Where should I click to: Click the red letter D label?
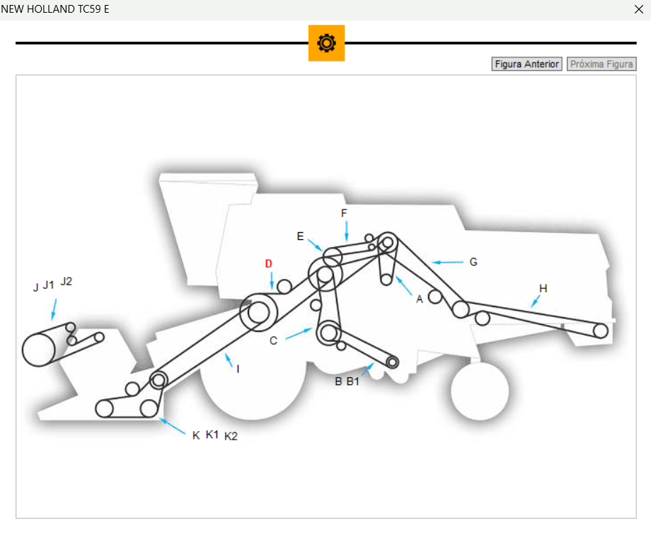pos(269,264)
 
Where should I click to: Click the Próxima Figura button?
pos(601,64)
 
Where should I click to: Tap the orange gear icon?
pos(326,43)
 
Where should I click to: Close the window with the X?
pos(638,9)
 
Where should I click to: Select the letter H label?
pos(543,288)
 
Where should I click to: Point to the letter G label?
pos(473,262)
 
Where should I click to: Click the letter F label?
pos(345,213)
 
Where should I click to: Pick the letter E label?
pos(300,236)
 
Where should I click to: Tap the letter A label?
pos(420,299)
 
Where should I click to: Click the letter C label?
pos(274,340)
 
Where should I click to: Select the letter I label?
pos(238,369)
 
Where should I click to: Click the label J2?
pos(67,281)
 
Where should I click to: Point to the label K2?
pos(231,436)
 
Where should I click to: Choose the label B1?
pos(353,382)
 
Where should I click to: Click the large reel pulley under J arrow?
pos(39,349)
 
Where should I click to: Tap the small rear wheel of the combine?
pos(480,391)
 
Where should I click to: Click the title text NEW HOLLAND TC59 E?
pos(55,9)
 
